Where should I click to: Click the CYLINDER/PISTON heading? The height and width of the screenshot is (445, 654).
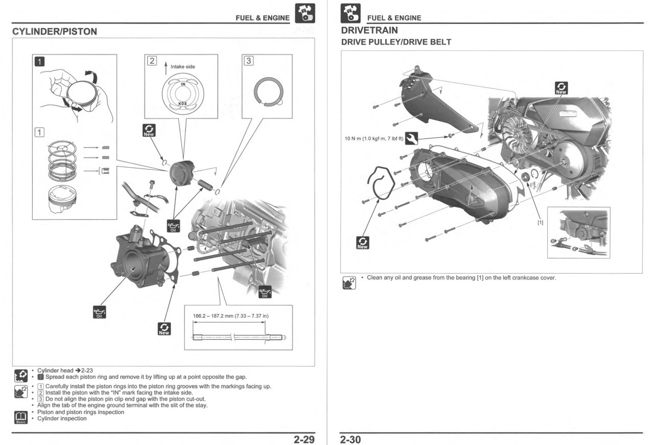(x=54, y=32)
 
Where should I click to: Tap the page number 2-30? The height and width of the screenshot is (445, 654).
(x=351, y=439)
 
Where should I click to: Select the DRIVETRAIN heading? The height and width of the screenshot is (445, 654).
(x=369, y=31)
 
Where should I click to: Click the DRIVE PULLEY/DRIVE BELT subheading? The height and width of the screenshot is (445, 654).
(x=396, y=42)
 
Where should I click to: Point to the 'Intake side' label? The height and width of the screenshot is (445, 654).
(x=183, y=67)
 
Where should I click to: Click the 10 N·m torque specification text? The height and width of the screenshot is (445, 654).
(x=373, y=138)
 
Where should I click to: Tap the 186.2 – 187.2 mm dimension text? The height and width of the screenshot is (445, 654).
(x=231, y=316)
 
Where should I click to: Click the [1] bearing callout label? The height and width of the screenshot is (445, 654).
(x=540, y=222)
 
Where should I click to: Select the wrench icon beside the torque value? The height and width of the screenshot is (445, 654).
(x=411, y=138)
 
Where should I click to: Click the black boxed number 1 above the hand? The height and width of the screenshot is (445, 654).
(x=39, y=62)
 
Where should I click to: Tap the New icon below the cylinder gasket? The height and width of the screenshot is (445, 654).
(x=164, y=329)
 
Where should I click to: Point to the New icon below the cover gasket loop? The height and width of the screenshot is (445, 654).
(x=362, y=243)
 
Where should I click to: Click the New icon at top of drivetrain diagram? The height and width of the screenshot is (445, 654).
(x=561, y=88)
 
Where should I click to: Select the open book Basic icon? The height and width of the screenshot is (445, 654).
(x=20, y=417)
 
